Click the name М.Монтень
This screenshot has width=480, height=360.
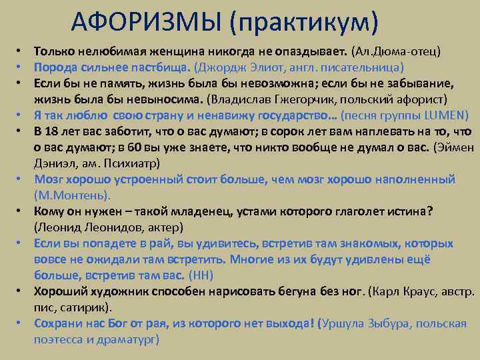click(x=73, y=195)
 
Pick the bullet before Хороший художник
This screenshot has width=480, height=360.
click(x=21, y=291)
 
